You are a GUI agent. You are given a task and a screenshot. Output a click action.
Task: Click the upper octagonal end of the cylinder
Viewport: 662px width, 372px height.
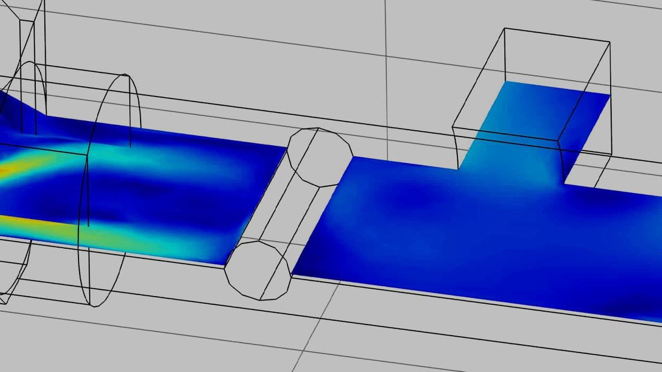320,157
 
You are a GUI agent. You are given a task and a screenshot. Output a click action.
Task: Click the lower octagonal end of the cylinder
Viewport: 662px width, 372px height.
258,270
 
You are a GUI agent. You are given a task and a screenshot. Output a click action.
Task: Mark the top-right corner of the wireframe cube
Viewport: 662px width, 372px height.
610,42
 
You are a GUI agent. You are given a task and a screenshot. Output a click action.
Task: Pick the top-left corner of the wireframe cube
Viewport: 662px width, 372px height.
504,28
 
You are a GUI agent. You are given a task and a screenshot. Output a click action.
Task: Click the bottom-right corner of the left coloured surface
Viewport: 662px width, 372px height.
224,264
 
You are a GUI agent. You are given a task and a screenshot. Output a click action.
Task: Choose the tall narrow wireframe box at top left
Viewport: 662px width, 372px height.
32,69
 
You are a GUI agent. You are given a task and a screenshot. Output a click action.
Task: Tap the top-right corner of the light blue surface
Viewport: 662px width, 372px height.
610,94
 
